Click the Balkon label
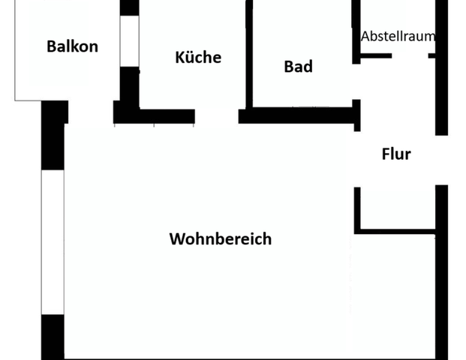click(x=72, y=46)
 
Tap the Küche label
click(x=198, y=57)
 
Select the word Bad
click(x=298, y=67)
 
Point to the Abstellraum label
click(x=398, y=36)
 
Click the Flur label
click(x=396, y=154)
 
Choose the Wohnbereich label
click(x=220, y=240)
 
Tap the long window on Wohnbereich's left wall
click(x=53, y=241)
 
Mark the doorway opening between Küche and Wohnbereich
click(x=217, y=116)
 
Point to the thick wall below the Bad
click(x=296, y=116)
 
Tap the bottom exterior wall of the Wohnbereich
click(x=248, y=357)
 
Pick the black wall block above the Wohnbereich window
click(x=53, y=135)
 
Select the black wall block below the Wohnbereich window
click(x=53, y=336)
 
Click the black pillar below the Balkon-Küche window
click(x=130, y=90)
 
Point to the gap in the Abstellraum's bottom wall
click(x=410, y=55)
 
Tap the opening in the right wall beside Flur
click(x=443, y=160)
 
